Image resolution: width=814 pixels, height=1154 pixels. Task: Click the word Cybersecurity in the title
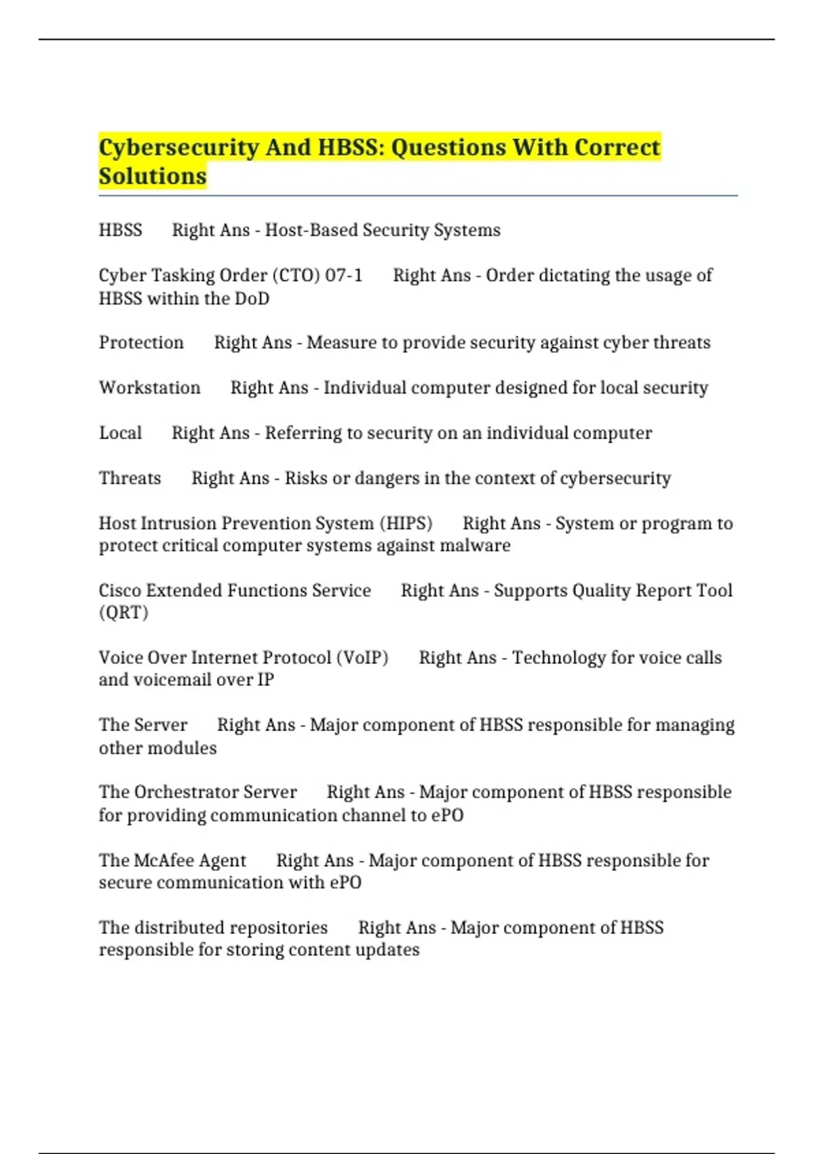(x=178, y=148)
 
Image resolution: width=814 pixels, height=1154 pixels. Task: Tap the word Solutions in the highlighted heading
(x=153, y=176)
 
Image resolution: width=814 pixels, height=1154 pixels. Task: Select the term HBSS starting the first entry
(x=121, y=231)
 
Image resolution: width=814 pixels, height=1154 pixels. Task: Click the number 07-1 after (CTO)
(x=344, y=276)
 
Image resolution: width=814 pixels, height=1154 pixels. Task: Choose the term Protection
(x=141, y=343)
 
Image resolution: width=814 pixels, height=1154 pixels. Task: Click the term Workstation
(x=150, y=388)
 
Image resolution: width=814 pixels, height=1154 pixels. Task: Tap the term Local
(x=121, y=433)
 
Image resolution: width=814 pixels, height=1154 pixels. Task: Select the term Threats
(x=130, y=479)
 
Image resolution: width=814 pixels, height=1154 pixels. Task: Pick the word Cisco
(x=119, y=591)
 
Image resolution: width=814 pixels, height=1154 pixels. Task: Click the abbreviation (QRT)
(x=123, y=613)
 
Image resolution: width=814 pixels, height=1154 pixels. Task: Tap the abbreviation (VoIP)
(x=362, y=658)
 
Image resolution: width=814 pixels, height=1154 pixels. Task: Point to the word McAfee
(x=164, y=861)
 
